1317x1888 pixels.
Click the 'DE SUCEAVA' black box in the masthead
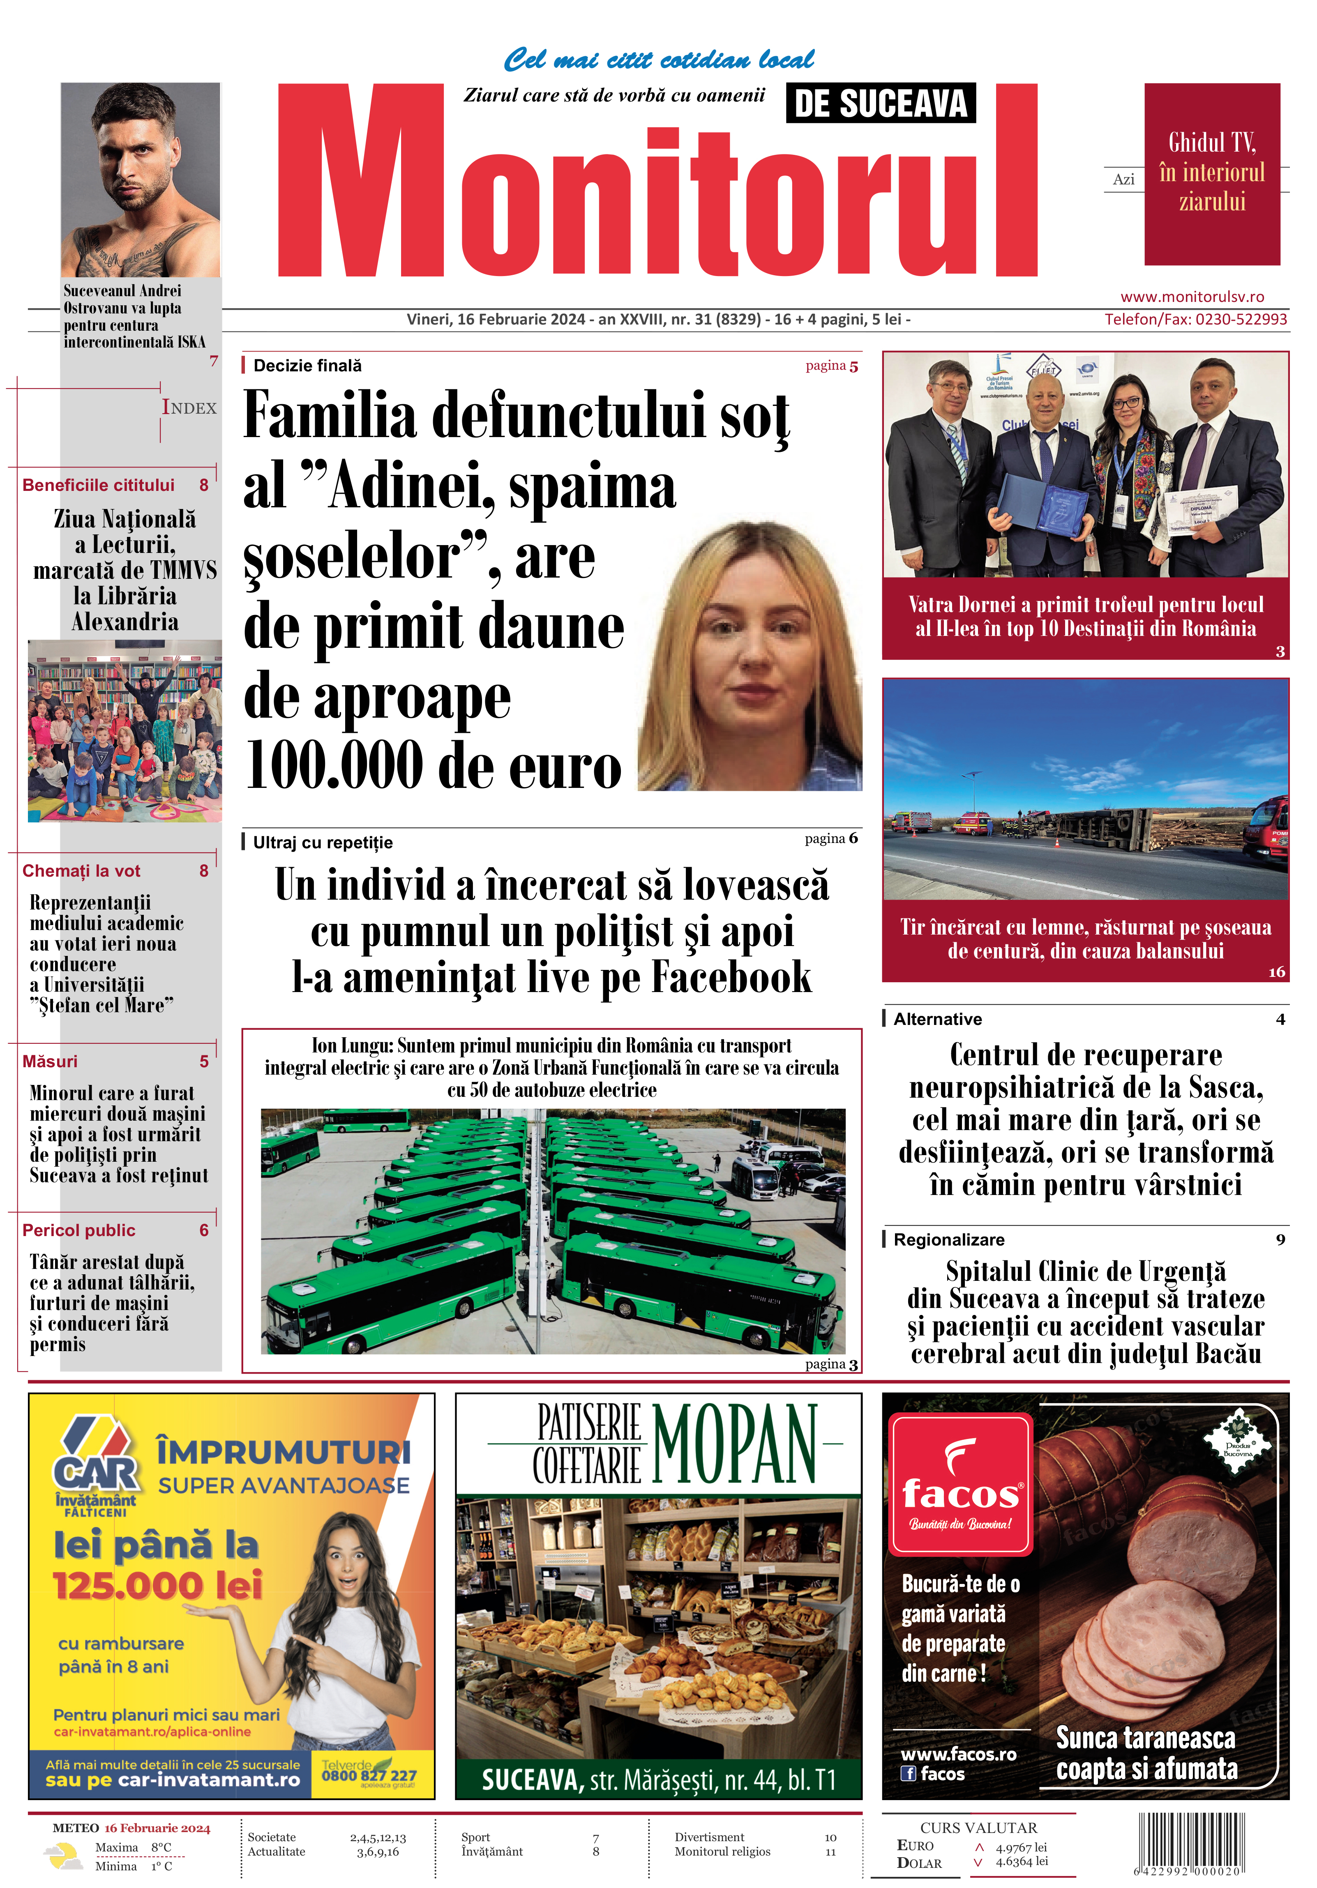tap(881, 104)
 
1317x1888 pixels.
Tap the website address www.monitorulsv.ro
tap(1192, 297)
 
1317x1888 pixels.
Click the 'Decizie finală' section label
tap(307, 366)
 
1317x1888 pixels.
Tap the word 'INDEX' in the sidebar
tap(189, 408)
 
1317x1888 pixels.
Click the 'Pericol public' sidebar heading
tap(78, 1230)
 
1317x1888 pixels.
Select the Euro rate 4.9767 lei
tap(1021, 1847)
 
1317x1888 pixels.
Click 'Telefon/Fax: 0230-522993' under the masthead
tap(1195, 319)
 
